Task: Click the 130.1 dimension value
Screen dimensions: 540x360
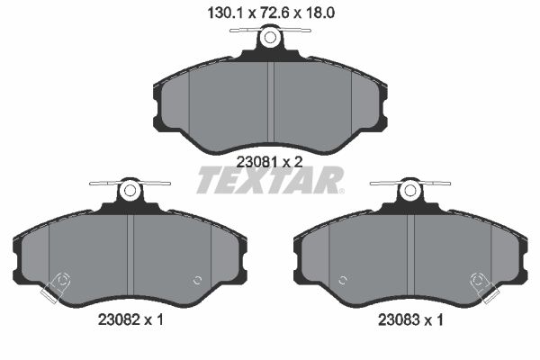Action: (226, 13)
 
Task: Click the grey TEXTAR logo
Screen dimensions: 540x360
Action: (270, 180)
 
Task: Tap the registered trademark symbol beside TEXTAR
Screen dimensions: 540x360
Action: (341, 191)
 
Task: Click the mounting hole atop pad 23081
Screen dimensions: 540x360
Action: (270, 37)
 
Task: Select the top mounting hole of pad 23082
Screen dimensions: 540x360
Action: (130, 190)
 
